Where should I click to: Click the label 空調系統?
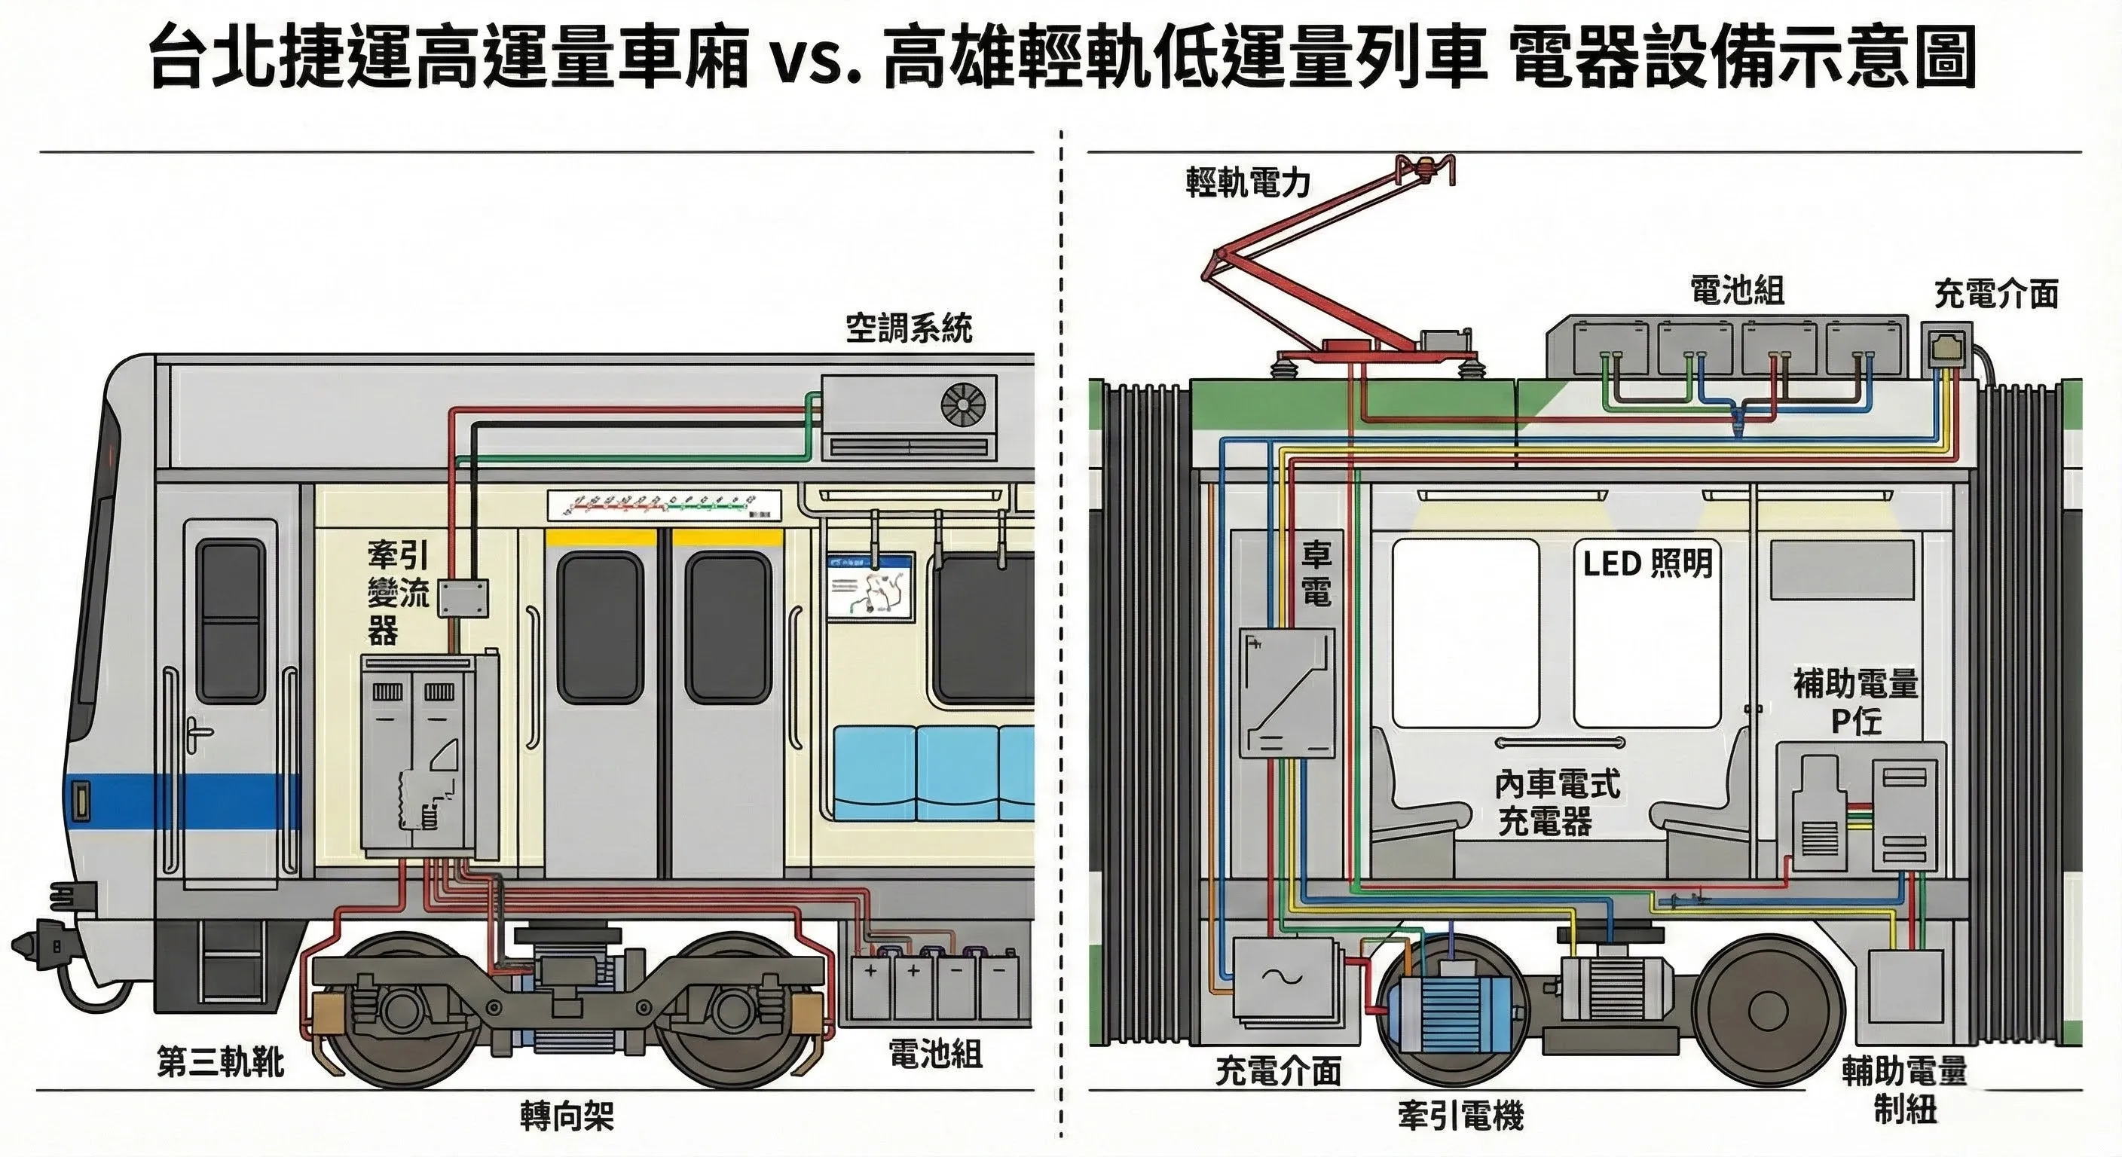(x=909, y=328)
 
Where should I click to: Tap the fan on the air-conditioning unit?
(x=963, y=406)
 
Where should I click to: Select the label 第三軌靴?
(x=220, y=1062)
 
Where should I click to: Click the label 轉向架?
(x=567, y=1116)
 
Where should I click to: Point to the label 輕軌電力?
(x=1247, y=182)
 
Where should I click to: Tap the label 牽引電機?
(x=1460, y=1116)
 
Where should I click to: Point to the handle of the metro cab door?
(x=197, y=732)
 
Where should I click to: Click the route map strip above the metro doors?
(x=663, y=504)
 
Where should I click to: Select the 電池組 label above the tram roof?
(x=1736, y=291)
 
